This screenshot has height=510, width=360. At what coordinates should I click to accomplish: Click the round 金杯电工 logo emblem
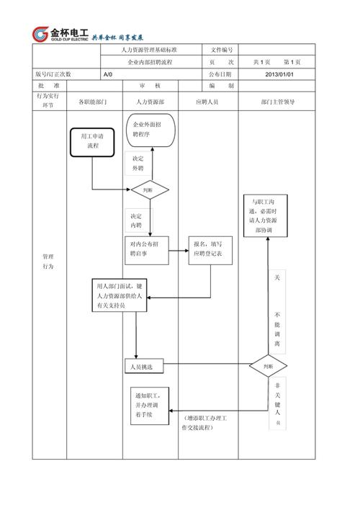pyautogui.click(x=40, y=34)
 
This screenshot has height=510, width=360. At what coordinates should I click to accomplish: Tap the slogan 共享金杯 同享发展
pyautogui.click(x=118, y=36)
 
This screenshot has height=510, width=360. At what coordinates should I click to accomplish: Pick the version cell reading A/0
pyautogui.click(x=108, y=74)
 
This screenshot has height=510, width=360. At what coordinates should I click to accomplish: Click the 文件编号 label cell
pyautogui.click(x=221, y=50)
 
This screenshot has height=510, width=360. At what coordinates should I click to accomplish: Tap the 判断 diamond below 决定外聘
pyautogui.click(x=149, y=190)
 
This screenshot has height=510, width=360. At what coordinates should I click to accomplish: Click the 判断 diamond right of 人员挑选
pyautogui.click(x=268, y=367)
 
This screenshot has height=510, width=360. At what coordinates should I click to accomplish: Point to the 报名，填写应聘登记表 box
pyautogui.click(x=211, y=250)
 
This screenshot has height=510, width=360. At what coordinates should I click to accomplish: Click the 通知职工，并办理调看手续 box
pyautogui.click(x=150, y=406)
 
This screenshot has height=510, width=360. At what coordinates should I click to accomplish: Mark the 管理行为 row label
pyautogui.click(x=48, y=261)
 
